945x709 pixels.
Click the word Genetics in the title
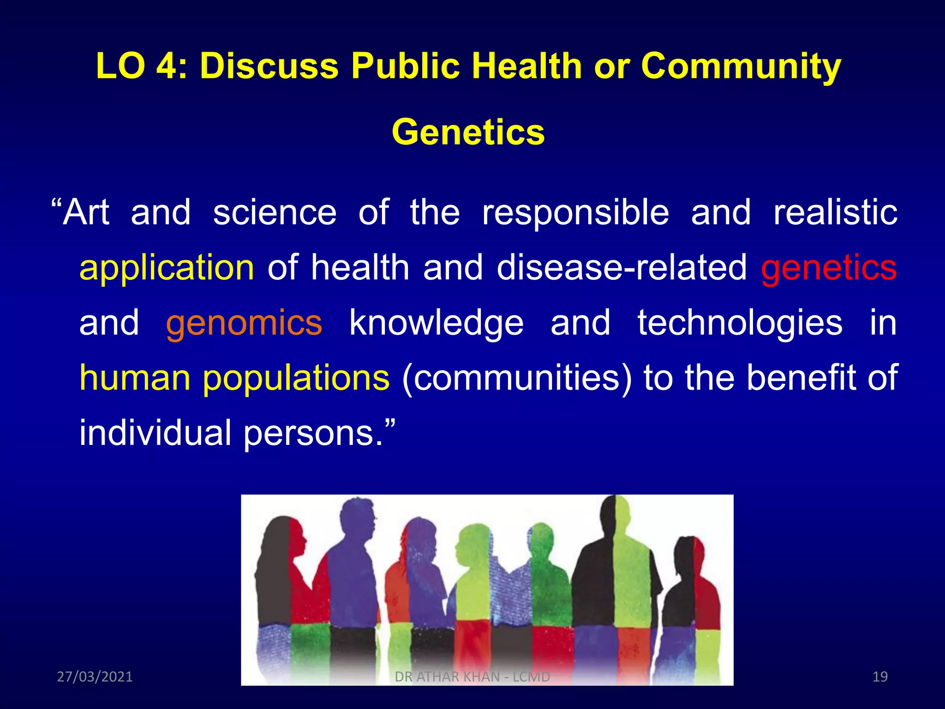point(468,132)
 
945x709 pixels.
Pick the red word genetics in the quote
point(828,268)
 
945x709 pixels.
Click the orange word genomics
point(244,323)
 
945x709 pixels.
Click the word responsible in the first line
point(575,213)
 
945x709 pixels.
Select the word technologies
point(740,323)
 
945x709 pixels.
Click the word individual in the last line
point(155,433)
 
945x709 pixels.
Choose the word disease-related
point(621,268)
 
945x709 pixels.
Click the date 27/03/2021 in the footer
point(95,677)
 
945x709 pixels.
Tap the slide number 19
point(880,677)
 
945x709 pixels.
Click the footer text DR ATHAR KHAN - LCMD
point(472,677)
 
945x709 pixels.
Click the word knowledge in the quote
point(436,323)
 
